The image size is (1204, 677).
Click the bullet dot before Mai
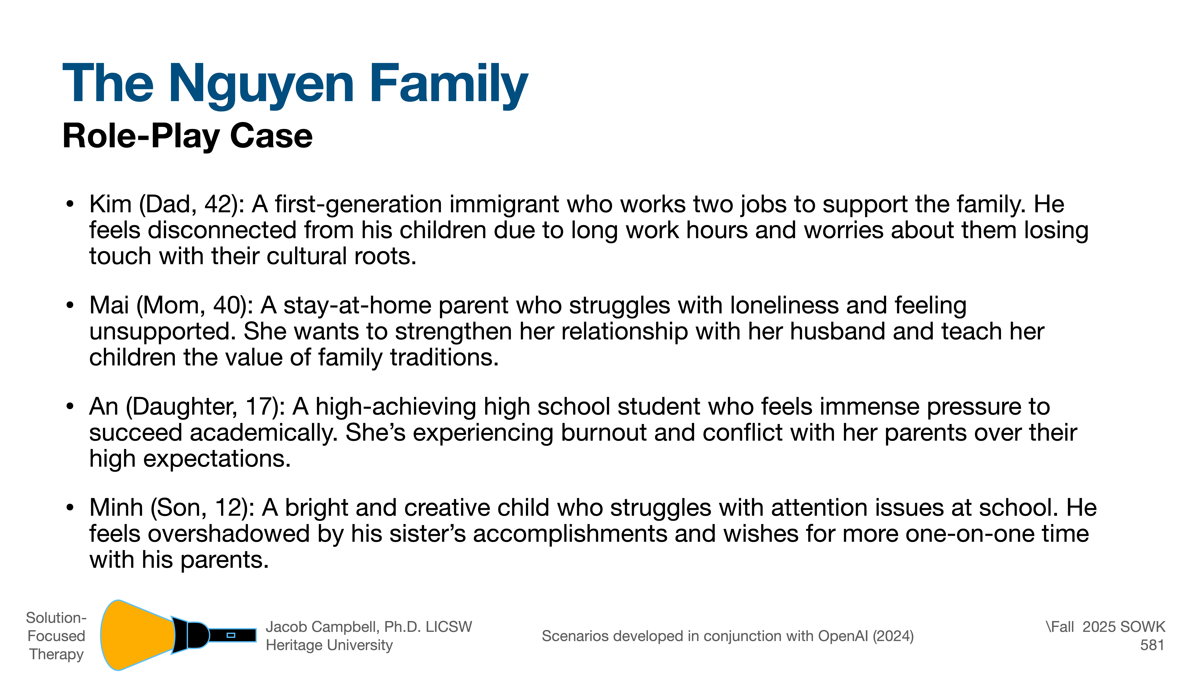[70, 306]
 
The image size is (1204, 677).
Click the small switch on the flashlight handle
[230, 635]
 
